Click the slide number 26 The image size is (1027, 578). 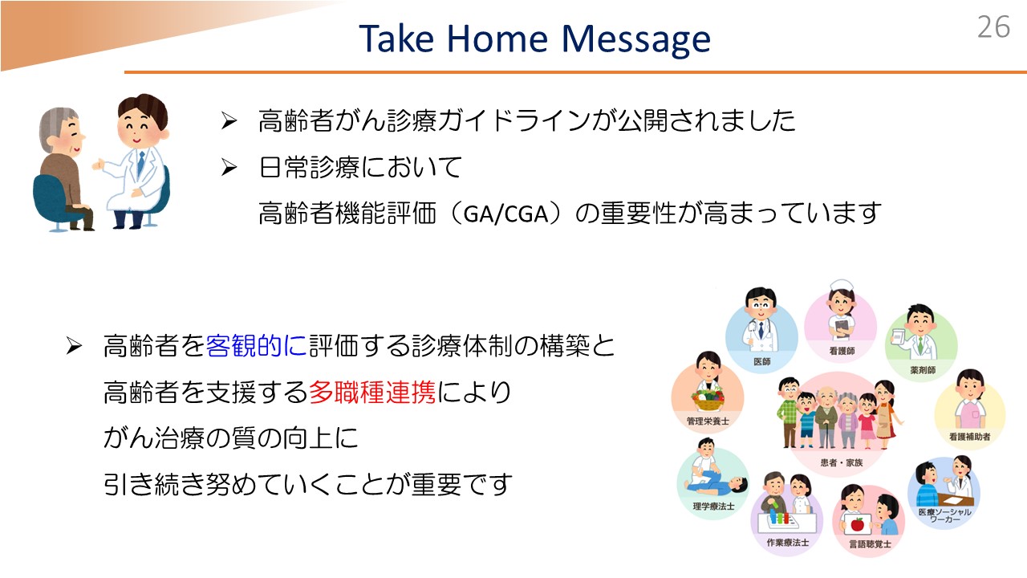[993, 27]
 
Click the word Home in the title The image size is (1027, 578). [497, 39]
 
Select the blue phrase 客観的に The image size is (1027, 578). [256, 346]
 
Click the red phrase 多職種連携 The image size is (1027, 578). [372, 393]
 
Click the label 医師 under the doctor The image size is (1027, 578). [761, 361]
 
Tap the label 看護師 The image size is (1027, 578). [842, 351]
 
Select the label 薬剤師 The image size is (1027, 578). [923, 370]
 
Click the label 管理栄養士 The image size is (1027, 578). [708, 421]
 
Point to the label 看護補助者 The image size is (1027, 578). [970, 437]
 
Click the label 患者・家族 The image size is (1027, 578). [842, 462]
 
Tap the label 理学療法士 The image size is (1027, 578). [713, 507]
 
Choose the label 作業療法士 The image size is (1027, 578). [788, 543]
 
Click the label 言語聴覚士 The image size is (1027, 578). [870, 544]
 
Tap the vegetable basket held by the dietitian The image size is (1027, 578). [708, 400]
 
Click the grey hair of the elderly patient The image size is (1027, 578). [56, 127]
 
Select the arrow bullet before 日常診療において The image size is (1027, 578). [229, 167]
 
